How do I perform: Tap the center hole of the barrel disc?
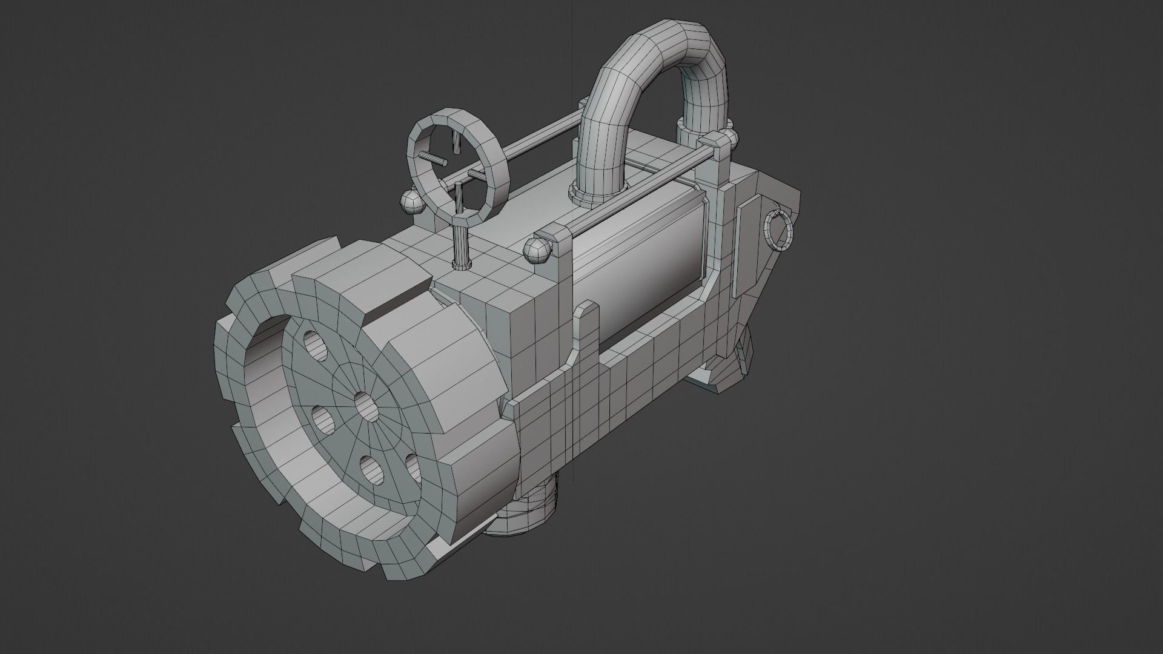click(365, 406)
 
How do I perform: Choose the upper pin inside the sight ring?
click(456, 142)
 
